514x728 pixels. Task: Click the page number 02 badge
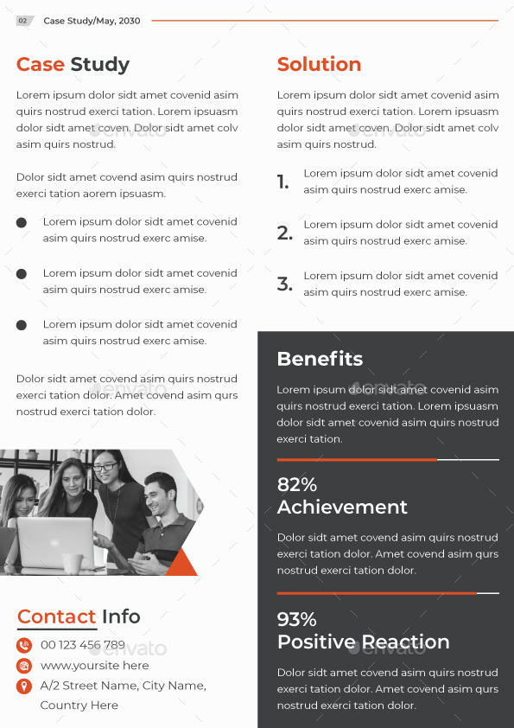pyautogui.click(x=23, y=21)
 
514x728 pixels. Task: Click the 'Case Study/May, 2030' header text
pyautogui.click(x=92, y=21)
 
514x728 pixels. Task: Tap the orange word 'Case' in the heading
pyautogui.click(x=41, y=65)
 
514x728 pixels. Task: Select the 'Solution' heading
pyautogui.click(x=319, y=65)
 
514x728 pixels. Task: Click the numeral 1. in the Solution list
pyautogui.click(x=282, y=182)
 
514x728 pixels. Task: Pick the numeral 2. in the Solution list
pyautogui.click(x=284, y=233)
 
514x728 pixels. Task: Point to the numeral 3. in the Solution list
pyautogui.click(x=284, y=284)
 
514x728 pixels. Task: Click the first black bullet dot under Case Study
pyautogui.click(x=22, y=222)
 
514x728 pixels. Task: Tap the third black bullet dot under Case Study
pyautogui.click(x=22, y=325)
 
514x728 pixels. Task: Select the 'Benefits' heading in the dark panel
pyautogui.click(x=320, y=359)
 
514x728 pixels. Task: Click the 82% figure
pyautogui.click(x=297, y=485)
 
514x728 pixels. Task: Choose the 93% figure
pyautogui.click(x=297, y=620)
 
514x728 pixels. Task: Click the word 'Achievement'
pyautogui.click(x=342, y=508)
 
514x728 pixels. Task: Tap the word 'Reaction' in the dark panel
pyautogui.click(x=406, y=642)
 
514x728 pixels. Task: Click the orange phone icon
pyautogui.click(x=24, y=645)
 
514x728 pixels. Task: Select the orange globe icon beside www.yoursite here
pyautogui.click(x=24, y=666)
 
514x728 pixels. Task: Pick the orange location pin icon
pyautogui.click(x=24, y=686)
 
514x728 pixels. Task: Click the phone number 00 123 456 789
pyautogui.click(x=83, y=645)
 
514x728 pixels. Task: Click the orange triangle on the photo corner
pyautogui.click(x=182, y=565)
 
